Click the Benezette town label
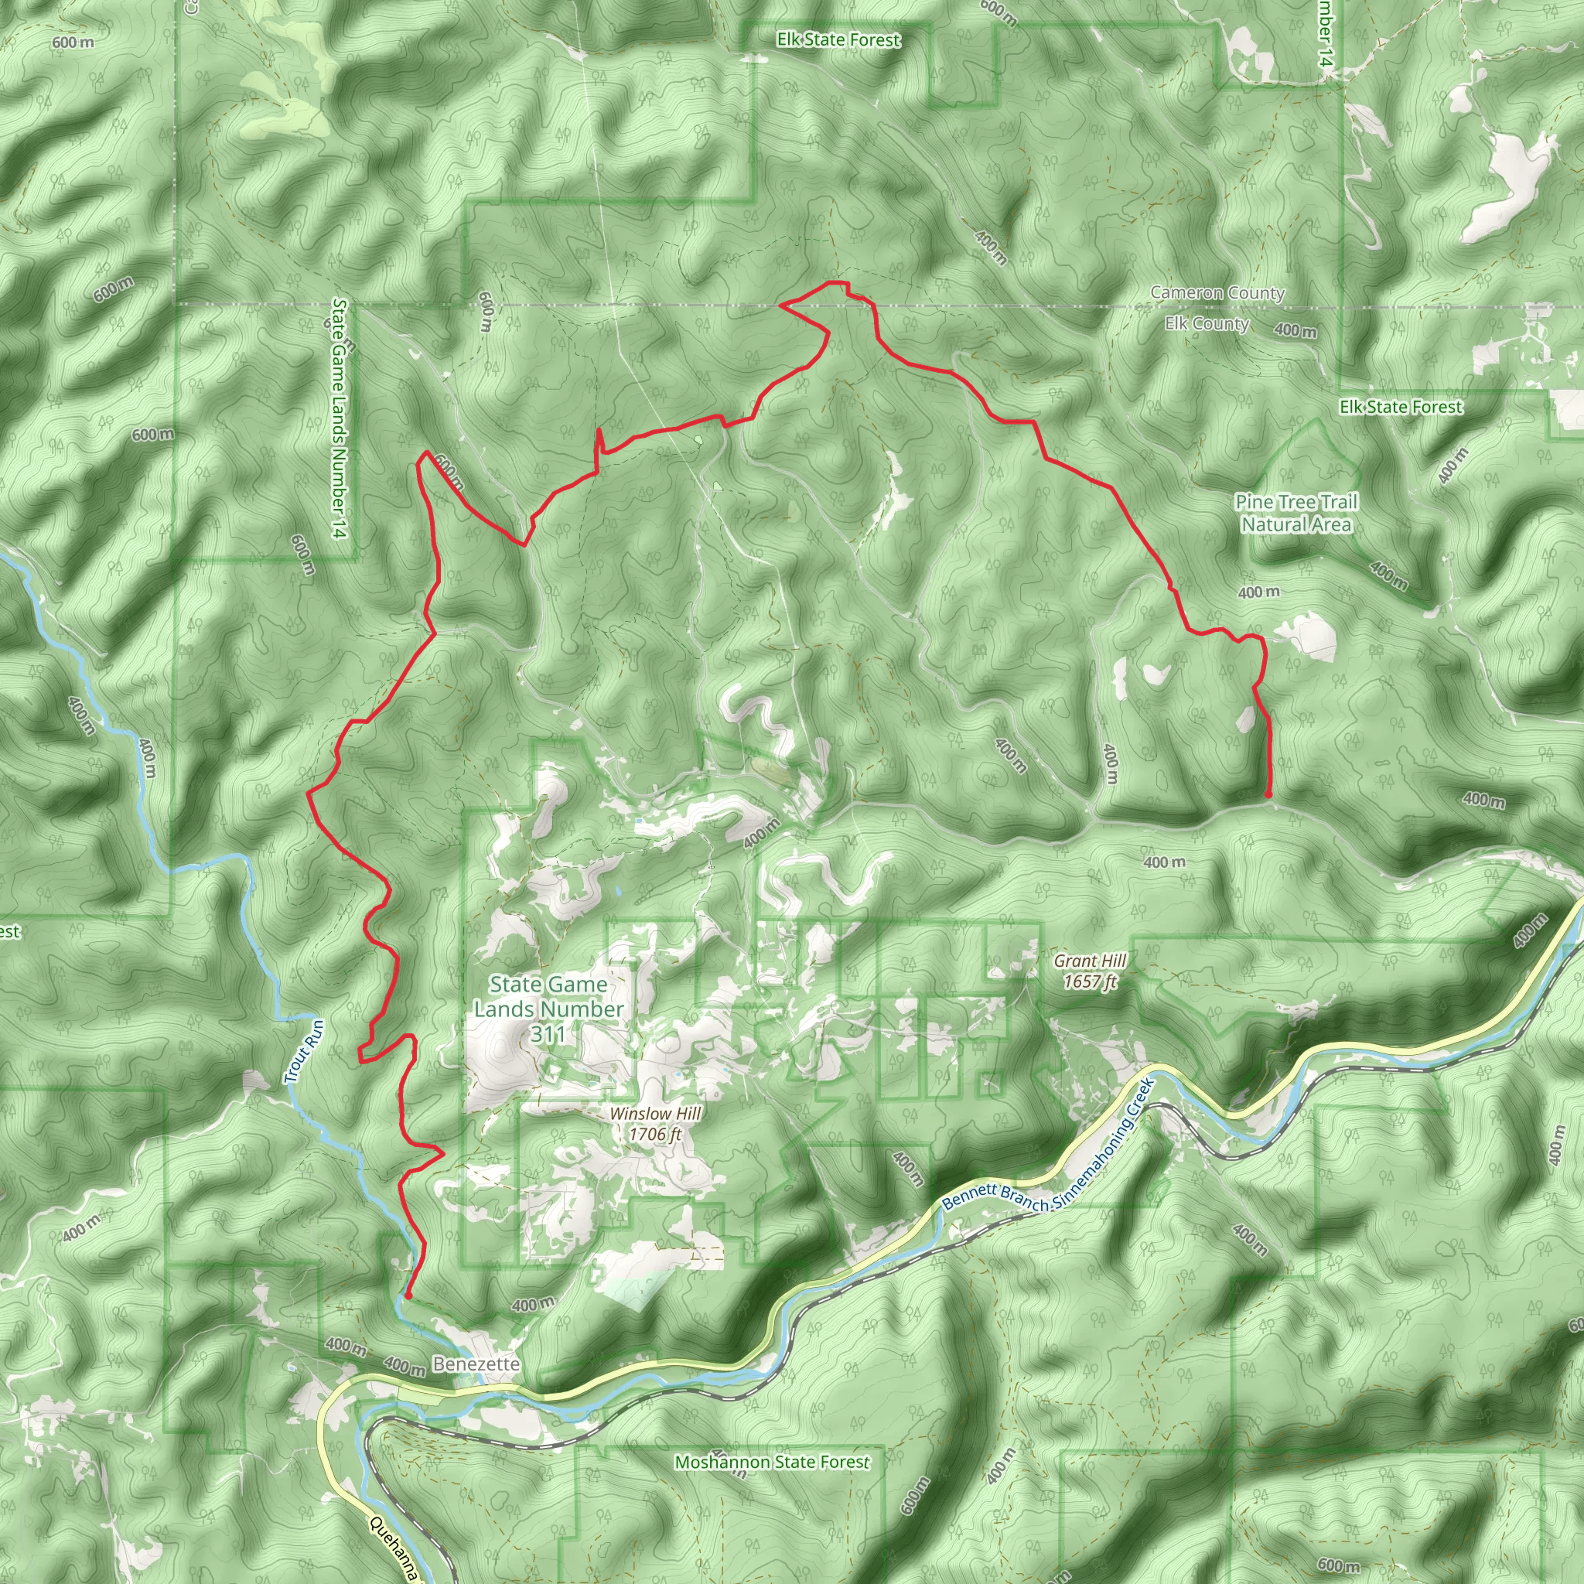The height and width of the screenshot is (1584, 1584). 476,1364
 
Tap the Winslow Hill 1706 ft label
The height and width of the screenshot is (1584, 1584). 654,1124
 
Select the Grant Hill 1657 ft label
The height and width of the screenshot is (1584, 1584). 1090,971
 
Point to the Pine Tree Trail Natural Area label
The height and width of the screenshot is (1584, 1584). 1296,514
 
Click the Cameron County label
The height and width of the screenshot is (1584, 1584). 1217,292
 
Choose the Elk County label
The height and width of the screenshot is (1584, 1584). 1207,324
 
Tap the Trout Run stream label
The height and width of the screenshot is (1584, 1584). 304,1052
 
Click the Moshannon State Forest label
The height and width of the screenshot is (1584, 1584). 771,1462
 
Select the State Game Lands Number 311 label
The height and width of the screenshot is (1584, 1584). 548,1009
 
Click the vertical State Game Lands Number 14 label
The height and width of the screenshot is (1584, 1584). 340,418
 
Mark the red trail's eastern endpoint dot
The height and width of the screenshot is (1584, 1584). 1268,794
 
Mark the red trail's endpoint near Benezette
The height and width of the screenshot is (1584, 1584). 408,1296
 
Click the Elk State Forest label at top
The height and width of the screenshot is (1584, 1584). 838,39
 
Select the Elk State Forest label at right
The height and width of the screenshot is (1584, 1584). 1401,407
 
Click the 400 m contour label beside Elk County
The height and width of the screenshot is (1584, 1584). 1296,330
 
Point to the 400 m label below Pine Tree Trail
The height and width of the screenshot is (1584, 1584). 1258,592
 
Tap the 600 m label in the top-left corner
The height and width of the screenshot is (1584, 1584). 72,43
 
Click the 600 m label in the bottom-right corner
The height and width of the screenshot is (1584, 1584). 1338,1565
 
